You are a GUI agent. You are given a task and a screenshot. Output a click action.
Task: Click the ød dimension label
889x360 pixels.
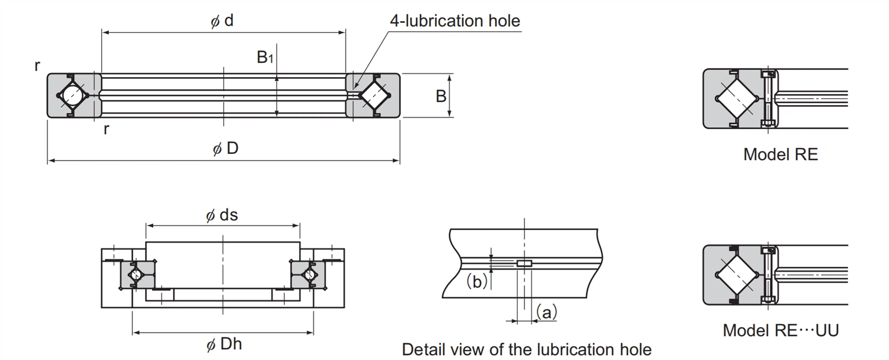(222, 21)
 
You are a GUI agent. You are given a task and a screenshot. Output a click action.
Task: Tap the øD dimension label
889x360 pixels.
(225, 148)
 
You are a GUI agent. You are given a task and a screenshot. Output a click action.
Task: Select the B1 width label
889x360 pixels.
(264, 57)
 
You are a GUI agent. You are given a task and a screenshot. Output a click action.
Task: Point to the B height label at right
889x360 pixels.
(441, 96)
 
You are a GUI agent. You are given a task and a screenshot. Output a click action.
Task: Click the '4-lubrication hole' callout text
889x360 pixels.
(455, 21)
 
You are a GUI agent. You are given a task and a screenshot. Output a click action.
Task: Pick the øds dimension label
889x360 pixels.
(222, 215)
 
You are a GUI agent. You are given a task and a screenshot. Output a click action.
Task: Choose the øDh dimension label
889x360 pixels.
(224, 344)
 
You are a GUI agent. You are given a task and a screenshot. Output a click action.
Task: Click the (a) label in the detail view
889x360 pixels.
(546, 313)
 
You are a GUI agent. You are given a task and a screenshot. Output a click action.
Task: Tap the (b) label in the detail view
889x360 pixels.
(477, 282)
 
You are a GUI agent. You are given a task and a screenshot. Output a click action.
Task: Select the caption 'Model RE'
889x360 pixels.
(780, 154)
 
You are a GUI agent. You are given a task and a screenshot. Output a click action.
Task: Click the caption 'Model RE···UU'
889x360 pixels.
(780, 331)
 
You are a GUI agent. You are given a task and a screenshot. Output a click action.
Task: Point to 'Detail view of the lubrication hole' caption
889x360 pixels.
(526, 349)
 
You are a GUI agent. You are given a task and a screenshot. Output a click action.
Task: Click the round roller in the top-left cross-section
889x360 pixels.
(73, 95)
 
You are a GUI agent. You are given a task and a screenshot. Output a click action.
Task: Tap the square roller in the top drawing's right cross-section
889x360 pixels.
(373, 95)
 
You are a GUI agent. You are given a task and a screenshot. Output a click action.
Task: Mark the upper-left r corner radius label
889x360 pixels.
(37, 66)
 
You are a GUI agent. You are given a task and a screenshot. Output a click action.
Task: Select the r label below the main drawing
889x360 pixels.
(106, 129)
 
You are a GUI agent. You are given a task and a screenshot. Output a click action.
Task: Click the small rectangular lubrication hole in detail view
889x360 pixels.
(524, 263)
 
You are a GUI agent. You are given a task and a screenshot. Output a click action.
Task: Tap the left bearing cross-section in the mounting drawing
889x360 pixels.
(137, 274)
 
